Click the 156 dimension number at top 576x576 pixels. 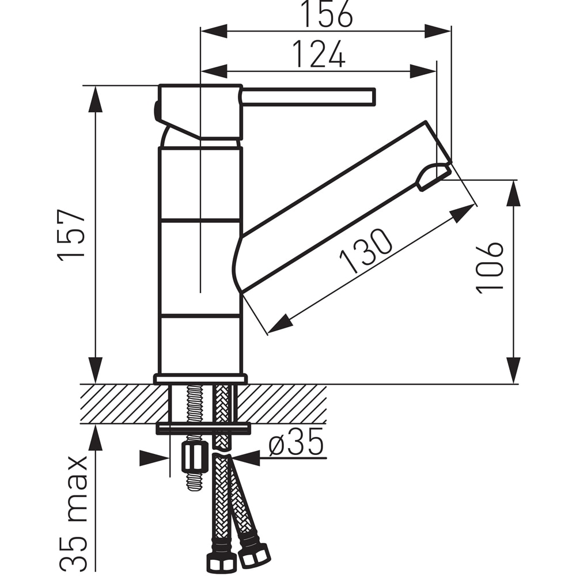tap(327, 14)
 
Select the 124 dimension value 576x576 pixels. tap(319, 54)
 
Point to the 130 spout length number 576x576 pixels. tap(366, 251)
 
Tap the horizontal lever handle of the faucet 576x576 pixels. tap(308, 97)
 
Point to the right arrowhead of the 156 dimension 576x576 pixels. tap(437, 31)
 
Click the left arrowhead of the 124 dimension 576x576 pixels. tap(214, 71)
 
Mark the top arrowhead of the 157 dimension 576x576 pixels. tap(96, 99)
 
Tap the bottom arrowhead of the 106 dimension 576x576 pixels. tap(513, 370)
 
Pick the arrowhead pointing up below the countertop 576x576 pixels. tap(96, 438)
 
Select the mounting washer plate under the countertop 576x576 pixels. tap(203, 428)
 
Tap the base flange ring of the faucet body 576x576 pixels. tap(200, 379)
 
